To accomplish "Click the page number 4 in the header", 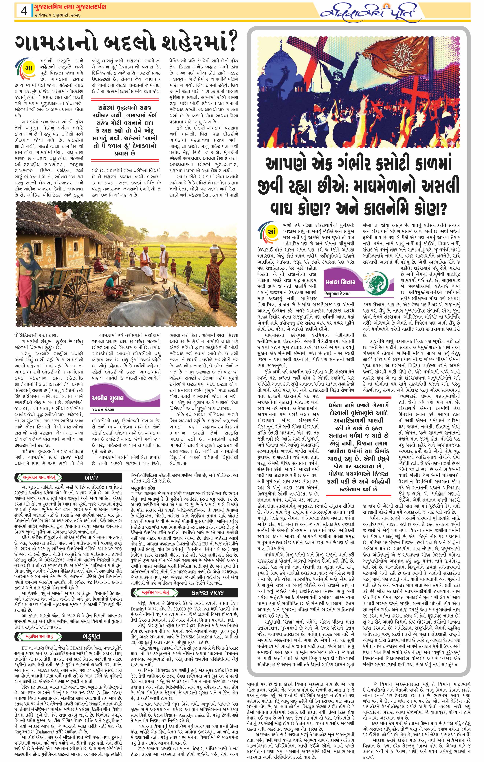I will (23, 12).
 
